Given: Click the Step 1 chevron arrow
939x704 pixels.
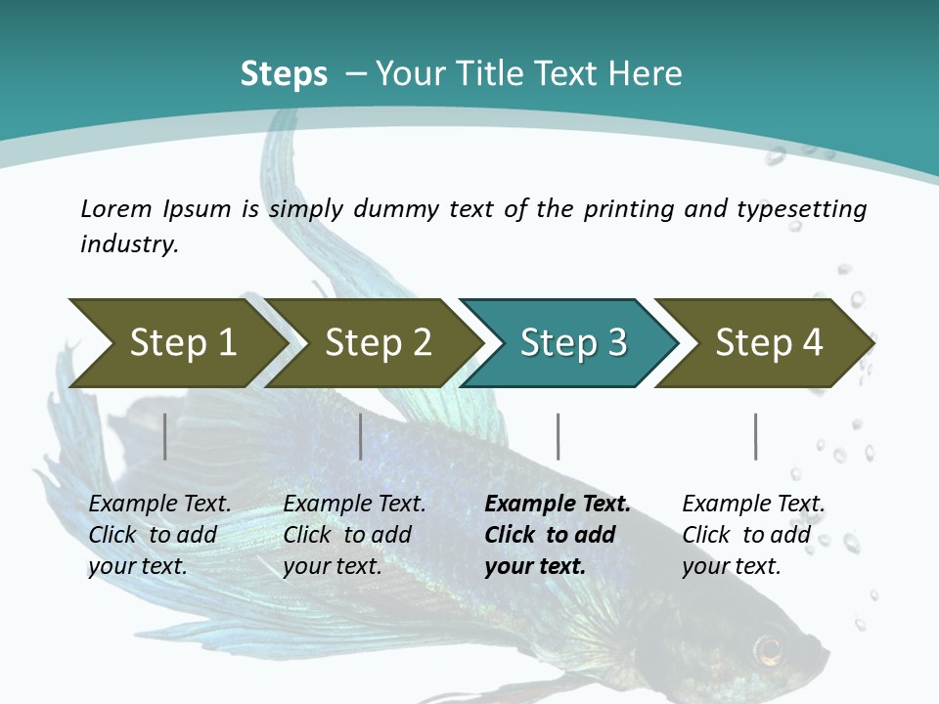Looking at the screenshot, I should click(x=182, y=343).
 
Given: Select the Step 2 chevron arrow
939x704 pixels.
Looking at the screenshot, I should click(x=378, y=343).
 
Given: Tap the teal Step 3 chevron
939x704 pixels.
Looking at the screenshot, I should click(x=573, y=343).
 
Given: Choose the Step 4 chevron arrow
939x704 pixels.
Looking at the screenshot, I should click(x=769, y=343).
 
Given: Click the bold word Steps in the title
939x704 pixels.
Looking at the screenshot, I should click(x=284, y=74).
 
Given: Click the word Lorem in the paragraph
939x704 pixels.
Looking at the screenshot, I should click(x=116, y=208).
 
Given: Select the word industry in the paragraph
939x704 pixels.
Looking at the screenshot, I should click(x=128, y=244).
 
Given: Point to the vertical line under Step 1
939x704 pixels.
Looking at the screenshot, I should click(x=165, y=436).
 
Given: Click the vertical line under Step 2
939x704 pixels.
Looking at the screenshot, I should click(x=361, y=436).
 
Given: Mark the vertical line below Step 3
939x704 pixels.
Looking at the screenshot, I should click(x=559, y=436).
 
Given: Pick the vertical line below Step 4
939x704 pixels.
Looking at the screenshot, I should click(x=755, y=436).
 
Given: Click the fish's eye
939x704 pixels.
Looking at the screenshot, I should click(x=769, y=647).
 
